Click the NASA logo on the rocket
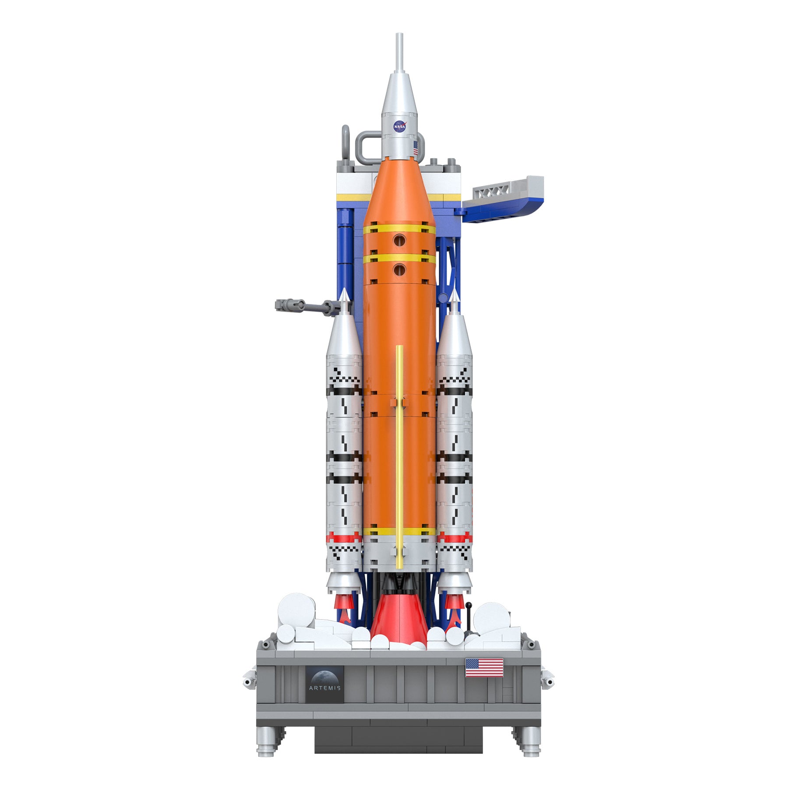click(399, 126)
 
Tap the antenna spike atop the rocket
click(399, 53)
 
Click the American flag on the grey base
click(484, 667)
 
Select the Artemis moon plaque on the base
click(324, 684)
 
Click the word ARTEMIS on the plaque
click(324, 688)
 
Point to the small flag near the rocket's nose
click(416, 148)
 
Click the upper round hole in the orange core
click(399, 239)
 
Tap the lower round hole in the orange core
click(399, 270)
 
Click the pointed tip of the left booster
click(345, 294)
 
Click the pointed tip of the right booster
click(454, 294)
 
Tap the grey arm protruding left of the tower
click(302, 305)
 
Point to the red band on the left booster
click(345, 538)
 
